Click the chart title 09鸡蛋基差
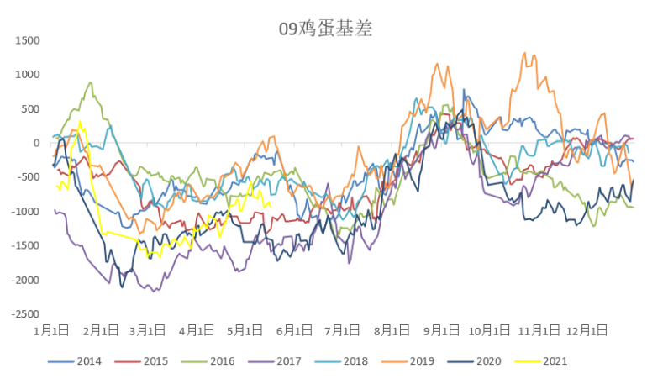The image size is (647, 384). click(325, 29)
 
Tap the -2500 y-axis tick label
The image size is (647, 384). click(24, 314)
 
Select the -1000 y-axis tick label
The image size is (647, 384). click(24, 212)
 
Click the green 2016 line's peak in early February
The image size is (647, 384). click(90, 82)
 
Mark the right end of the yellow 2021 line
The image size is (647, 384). click(271, 206)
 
